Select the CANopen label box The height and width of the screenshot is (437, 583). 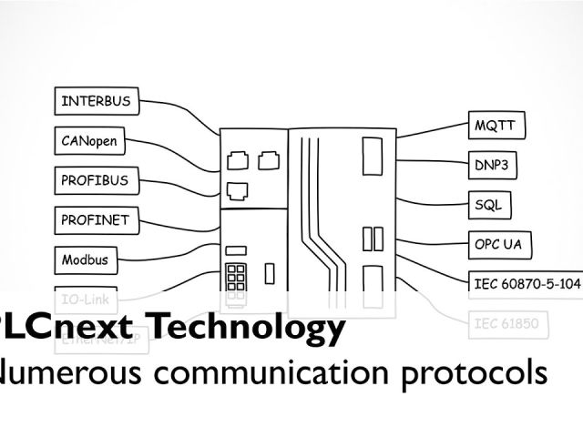tap(90, 141)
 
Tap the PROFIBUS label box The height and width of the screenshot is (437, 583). tap(95, 180)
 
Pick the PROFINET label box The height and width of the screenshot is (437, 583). tap(95, 219)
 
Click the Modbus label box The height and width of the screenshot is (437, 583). tap(85, 259)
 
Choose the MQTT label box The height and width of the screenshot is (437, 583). tap(499, 125)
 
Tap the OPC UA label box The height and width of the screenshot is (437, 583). tap(503, 244)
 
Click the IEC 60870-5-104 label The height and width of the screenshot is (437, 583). tap(527, 283)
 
